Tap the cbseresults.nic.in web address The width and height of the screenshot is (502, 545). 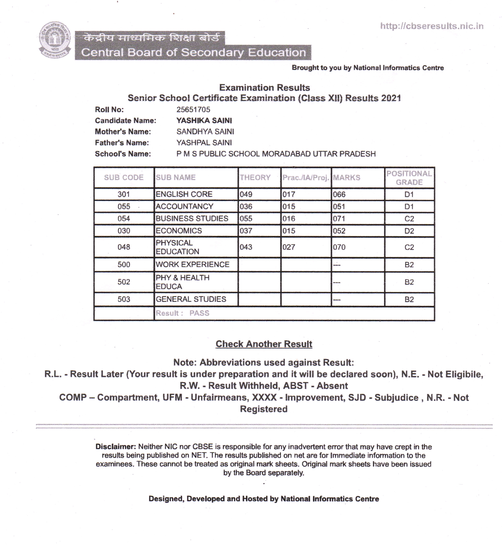432,26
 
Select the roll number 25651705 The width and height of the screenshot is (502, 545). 193,109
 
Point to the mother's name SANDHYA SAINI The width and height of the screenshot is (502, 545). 205,132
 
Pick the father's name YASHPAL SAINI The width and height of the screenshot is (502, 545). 204,143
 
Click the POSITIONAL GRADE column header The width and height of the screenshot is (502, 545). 409,178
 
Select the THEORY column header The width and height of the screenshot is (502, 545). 255,177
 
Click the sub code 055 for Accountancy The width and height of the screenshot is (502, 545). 124,206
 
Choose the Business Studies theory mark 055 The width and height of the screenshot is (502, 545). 246,219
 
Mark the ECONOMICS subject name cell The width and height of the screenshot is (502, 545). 179,231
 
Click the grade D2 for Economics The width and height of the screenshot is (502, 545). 409,231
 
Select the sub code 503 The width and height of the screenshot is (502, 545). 124,299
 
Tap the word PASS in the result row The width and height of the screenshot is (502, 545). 199,313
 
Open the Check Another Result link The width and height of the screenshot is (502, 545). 264,344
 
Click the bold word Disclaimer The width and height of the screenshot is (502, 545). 115,447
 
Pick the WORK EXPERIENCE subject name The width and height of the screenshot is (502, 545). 192,264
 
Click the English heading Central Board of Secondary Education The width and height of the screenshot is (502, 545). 193,52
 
